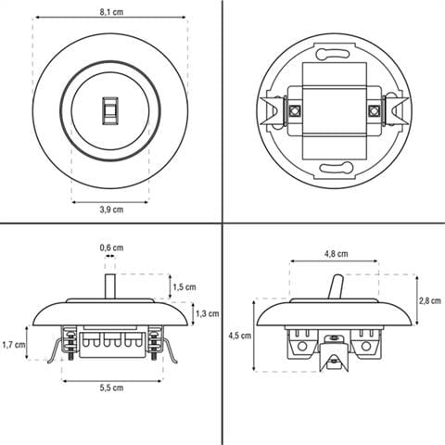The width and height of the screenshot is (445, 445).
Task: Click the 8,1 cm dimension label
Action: [x=111, y=12]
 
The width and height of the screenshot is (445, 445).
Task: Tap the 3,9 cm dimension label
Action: [x=111, y=210]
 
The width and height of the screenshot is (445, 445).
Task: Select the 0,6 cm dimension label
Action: [x=111, y=248]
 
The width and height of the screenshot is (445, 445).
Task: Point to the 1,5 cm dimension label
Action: [x=184, y=286]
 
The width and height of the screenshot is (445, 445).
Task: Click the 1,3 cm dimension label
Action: [x=208, y=313]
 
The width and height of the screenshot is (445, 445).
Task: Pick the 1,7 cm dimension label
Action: [x=14, y=344]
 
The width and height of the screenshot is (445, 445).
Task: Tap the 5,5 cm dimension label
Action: [x=111, y=388]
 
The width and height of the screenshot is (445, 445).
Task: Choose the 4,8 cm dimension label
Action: [x=337, y=254]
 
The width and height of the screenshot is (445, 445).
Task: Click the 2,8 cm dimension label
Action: [x=430, y=300]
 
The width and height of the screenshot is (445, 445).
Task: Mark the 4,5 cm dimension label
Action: [x=240, y=336]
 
